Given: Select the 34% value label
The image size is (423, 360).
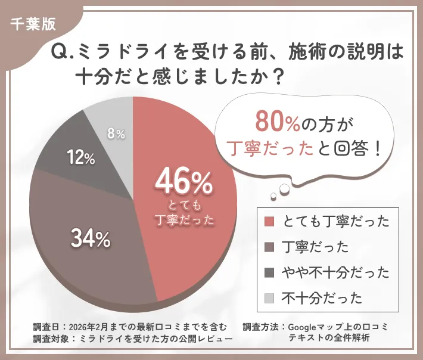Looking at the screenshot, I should click(91, 238).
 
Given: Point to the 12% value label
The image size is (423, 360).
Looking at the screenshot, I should click(80, 158).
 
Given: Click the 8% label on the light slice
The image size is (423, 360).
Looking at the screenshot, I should click(116, 134).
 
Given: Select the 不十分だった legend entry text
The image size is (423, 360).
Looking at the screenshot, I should click(322, 297).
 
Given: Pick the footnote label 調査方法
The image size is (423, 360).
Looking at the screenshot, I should click(260, 327).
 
